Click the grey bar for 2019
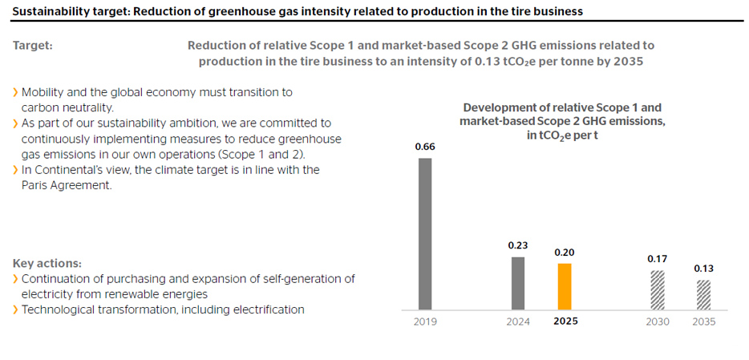point(425,233)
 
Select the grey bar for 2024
point(517,283)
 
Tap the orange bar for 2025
point(565,286)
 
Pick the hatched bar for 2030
point(657,290)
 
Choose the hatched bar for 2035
point(703,294)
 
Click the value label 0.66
point(425,147)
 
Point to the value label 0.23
point(518,245)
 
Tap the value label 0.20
point(565,253)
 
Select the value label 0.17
point(657,259)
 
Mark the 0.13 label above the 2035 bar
point(703,269)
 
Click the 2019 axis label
point(425,322)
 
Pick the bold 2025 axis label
point(565,322)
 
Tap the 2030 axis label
point(657,322)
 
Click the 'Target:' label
point(33,46)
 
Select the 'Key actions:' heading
point(47,264)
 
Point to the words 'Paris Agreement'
point(67,185)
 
